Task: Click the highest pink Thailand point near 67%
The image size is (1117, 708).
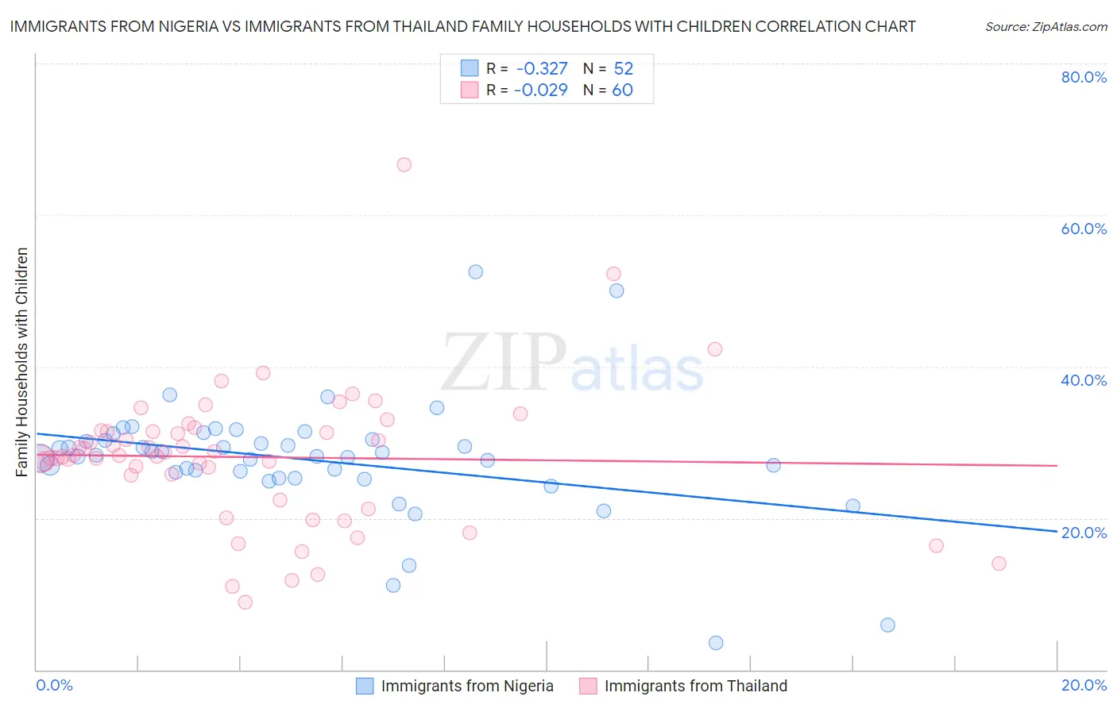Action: click(x=404, y=165)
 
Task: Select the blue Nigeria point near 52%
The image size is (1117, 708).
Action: click(x=475, y=271)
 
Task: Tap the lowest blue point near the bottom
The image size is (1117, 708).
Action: click(x=716, y=643)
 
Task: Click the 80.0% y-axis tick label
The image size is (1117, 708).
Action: click(x=1084, y=77)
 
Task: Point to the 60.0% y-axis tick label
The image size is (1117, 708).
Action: click(x=1084, y=229)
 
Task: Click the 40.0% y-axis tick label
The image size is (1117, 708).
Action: click(x=1084, y=380)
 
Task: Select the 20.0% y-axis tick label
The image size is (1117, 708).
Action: click(x=1084, y=533)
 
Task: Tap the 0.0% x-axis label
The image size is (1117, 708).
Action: click(x=55, y=685)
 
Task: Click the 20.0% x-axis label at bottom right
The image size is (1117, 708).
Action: click(x=1084, y=685)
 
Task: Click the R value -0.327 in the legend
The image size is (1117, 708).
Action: click(x=540, y=68)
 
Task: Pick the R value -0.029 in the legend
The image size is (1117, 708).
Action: click(x=540, y=90)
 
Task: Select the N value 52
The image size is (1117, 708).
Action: click(x=623, y=68)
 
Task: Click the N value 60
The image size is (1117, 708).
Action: click(x=622, y=90)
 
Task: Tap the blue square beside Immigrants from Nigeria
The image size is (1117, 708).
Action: click(x=365, y=686)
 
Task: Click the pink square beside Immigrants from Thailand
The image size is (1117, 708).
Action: click(x=588, y=686)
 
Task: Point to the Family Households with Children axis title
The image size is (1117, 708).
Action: click(x=22, y=362)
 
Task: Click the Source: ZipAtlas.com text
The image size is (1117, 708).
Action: click(x=1045, y=27)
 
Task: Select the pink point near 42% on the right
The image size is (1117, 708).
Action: click(x=714, y=349)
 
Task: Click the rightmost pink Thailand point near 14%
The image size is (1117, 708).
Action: click(x=999, y=564)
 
